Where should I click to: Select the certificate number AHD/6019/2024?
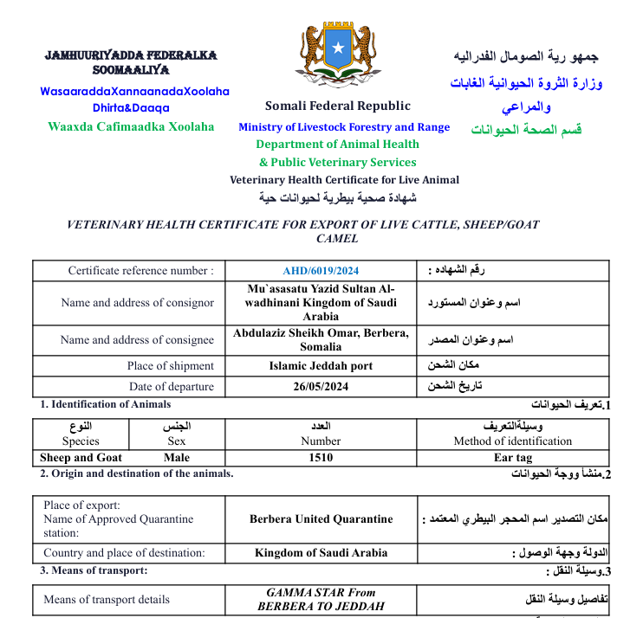(x=321, y=271)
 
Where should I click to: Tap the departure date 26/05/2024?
(x=321, y=387)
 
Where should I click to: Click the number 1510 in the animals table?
(x=321, y=458)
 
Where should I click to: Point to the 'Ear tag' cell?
(x=513, y=458)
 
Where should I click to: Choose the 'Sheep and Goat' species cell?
(x=81, y=458)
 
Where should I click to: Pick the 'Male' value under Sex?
(x=176, y=458)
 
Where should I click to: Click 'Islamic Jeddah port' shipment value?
(x=321, y=365)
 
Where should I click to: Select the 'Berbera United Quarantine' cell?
(x=321, y=519)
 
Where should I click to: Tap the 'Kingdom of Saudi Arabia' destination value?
(x=321, y=552)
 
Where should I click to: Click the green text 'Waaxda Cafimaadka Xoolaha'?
(x=131, y=126)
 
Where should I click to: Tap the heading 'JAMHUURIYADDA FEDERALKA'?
(x=131, y=55)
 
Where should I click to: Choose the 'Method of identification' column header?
(x=513, y=441)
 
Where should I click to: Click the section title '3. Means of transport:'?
(x=94, y=570)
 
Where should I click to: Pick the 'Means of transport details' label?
(x=107, y=599)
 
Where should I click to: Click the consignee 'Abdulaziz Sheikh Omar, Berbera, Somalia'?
(x=321, y=339)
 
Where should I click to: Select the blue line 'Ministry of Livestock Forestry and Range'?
(x=344, y=127)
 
